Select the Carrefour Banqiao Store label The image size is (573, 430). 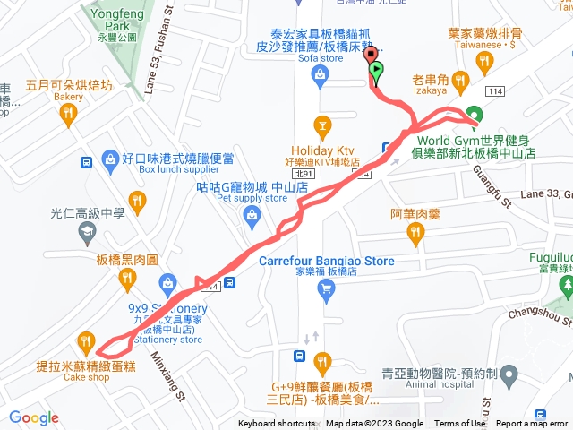(x=326, y=262)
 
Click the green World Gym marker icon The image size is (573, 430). (x=474, y=115)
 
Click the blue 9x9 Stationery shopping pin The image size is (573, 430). (x=167, y=286)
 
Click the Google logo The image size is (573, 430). (x=33, y=417)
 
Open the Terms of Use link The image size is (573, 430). (x=459, y=424)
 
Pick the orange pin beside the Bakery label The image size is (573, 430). (x=68, y=114)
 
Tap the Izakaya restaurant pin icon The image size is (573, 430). (x=459, y=83)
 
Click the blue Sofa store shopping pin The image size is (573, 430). (x=319, y=78)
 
